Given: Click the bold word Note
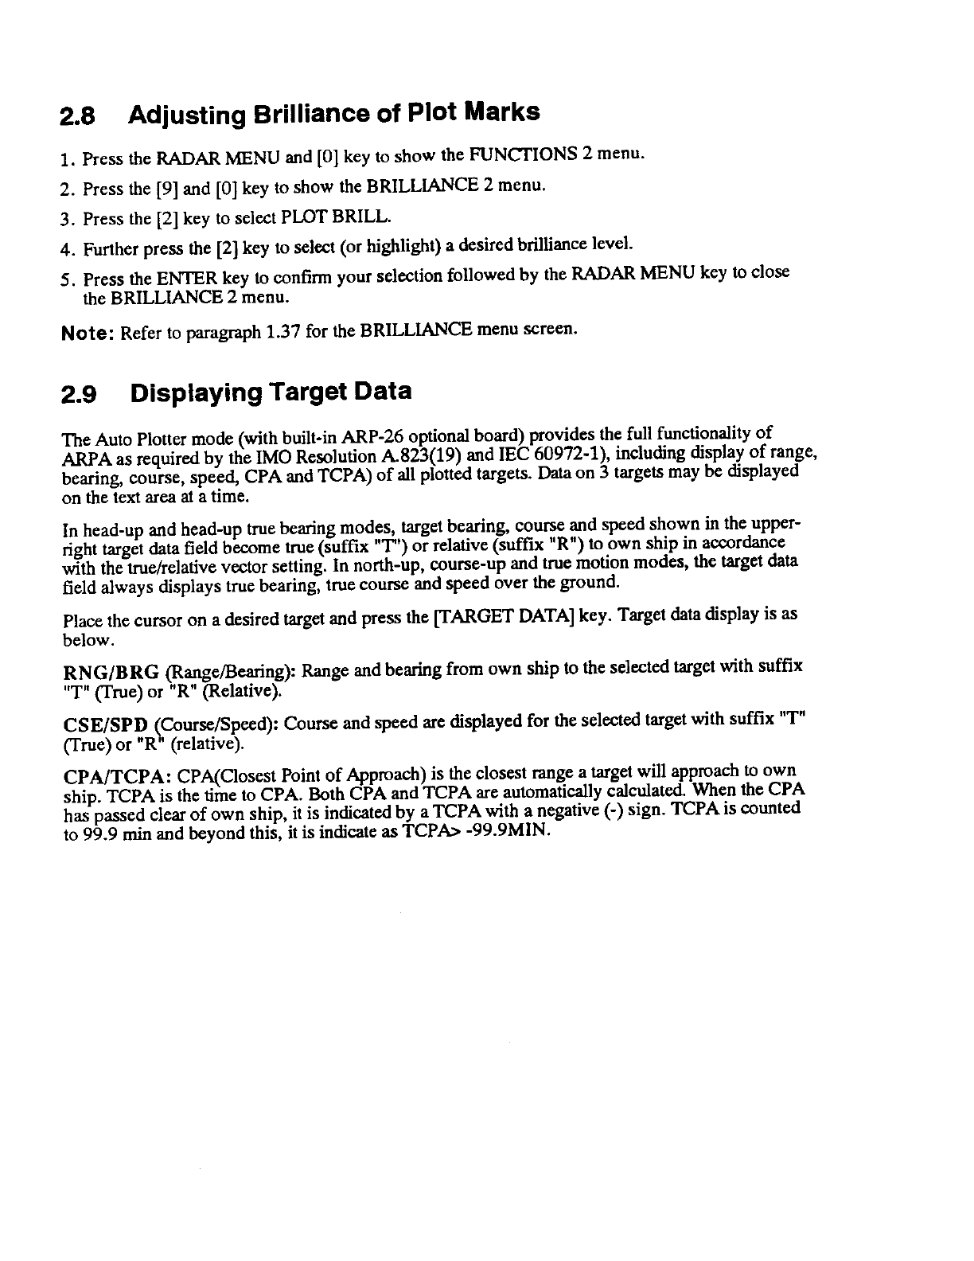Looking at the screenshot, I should [88, 332].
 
